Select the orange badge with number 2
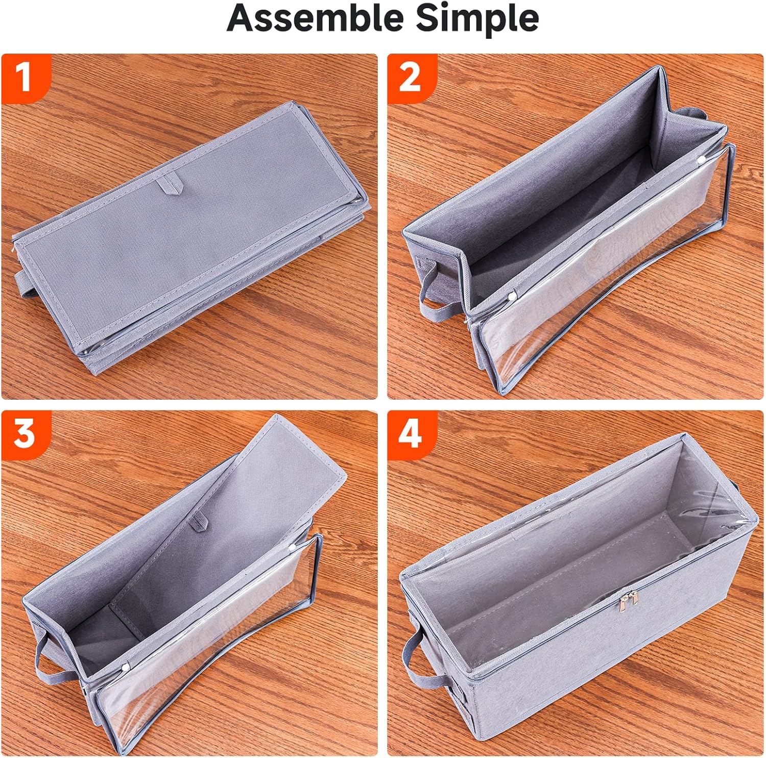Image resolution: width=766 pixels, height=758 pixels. click(x=410, y=77)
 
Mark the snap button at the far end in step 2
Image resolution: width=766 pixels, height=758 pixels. click(x=702, y=160)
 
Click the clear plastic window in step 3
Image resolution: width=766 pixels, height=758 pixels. click(x=214, y=638)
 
